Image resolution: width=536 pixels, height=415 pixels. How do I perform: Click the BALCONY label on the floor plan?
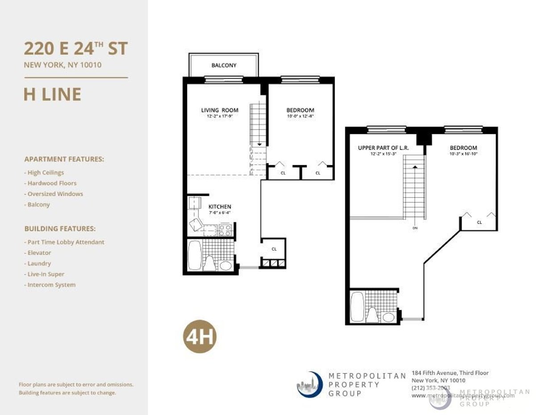point(224,66)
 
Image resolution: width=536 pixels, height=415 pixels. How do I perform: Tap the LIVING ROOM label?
point(219,110)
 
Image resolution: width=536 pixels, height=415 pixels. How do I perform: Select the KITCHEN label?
point(220,207)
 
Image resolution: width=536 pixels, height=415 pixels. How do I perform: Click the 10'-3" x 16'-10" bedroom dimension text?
point(463,154)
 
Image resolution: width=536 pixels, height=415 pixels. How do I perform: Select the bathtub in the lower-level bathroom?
point(195,255)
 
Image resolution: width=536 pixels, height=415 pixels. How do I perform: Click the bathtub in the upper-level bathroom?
point(357,307)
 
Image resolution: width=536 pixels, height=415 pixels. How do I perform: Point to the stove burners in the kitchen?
point(225,230)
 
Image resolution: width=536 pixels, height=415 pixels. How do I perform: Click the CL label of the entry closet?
point(274,249)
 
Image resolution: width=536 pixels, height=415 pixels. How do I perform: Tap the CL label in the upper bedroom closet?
point(479,222)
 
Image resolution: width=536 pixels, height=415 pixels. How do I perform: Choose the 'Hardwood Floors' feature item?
point(51,183)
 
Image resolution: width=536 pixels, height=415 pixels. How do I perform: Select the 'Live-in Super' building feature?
point(45,274)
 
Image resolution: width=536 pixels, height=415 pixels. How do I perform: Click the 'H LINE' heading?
point(52,95)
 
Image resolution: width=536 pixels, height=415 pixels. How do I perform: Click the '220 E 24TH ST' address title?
point(76,48)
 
